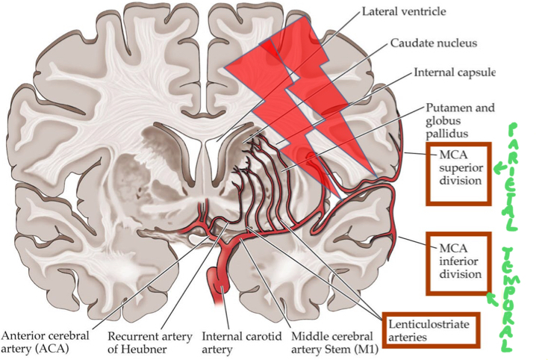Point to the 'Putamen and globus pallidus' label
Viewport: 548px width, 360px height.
[x=459, y=120]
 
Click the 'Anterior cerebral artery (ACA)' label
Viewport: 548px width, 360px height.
[x=46, y=341]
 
